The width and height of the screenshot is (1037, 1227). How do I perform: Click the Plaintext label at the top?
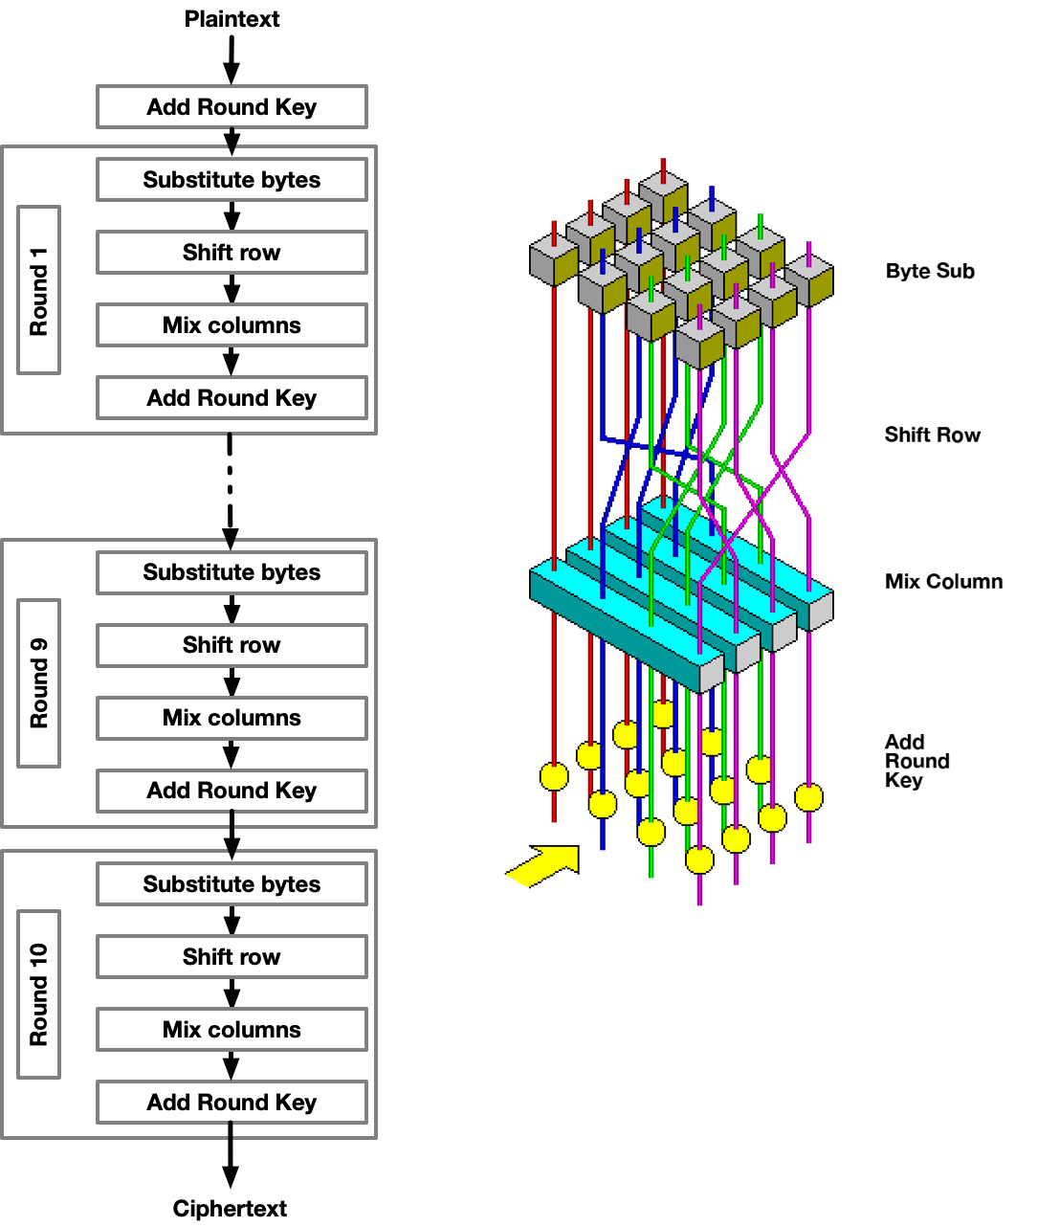(x=232, y=19)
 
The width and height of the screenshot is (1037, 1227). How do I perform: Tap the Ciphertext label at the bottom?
(x=230, y=1208)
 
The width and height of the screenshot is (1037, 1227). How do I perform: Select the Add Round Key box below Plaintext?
(x=232, y=107)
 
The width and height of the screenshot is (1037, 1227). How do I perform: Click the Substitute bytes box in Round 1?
(x=232, y=180)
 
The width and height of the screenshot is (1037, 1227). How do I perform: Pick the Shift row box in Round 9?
(x=232, y=645)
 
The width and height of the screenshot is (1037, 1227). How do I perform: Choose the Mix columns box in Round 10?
(x=232, y=1030)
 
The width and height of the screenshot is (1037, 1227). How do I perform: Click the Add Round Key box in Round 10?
(x=232, y=1103)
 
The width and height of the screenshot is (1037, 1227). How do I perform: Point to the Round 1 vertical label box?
(x=39, y=290)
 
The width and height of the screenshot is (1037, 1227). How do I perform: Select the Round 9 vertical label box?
(x=39, y=683)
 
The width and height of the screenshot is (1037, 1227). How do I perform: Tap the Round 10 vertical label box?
(x=39, y=994)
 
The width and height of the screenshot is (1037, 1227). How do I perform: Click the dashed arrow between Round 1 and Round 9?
(x=230, y=488)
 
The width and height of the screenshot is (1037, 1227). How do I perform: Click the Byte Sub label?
(x=929, y=271)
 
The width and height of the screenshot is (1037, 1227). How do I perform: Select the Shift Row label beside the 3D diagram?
(x=932, y=435)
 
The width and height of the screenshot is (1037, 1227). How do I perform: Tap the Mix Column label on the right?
(x=943, y=582)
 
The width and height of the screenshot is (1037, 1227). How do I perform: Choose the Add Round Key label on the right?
(x=916, y=761)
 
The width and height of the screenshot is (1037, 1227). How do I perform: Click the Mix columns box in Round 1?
(x=232, y=325)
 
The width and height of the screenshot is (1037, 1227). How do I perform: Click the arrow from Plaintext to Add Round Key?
(x=232, y=59)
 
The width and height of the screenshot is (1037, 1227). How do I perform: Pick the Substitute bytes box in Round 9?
(x=232, y=572)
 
